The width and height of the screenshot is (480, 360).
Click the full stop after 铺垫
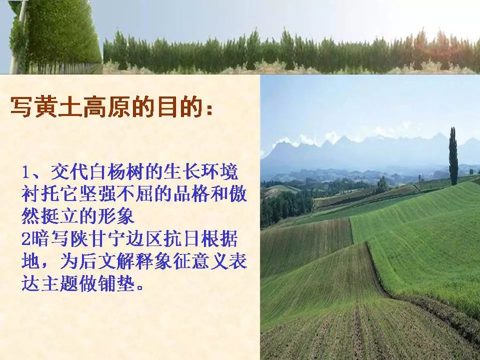click(140, 288)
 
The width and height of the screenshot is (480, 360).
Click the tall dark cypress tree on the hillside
click(453, 156)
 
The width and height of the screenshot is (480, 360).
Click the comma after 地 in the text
click(46, 265)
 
